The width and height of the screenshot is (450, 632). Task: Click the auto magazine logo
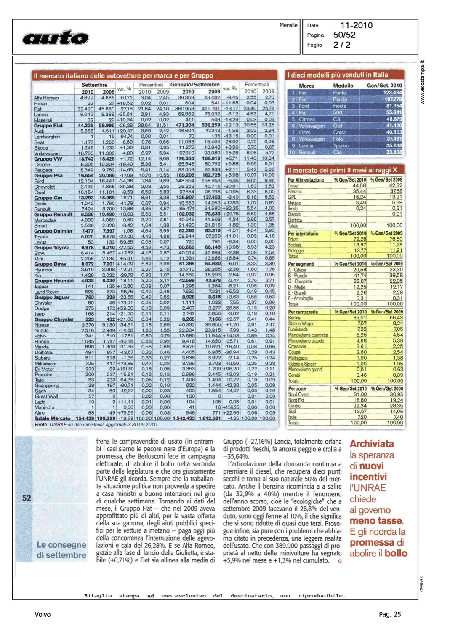tap(56, 37)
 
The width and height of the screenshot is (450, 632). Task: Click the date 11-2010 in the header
tap(356, 25)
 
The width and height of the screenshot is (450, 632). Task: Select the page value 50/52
tap(344, 35)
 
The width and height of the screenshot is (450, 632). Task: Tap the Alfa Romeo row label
tap(46, 98)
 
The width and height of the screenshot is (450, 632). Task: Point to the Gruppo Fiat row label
tap(48, 126)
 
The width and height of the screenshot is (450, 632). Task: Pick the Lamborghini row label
tap(47, 137)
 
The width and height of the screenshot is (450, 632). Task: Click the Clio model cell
tap(338, 152)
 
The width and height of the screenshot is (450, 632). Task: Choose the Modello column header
tap(343, 86)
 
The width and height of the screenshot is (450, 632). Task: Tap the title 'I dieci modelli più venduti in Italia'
tap(338, 75)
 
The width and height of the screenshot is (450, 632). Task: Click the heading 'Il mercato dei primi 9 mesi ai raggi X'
tap(342, 170)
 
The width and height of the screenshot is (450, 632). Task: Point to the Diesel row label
tap(293, 186)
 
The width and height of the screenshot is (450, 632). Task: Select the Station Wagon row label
tap(301, 324)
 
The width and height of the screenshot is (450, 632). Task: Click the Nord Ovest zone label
tap(298, 394)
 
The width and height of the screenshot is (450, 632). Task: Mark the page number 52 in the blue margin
tap(27, 498)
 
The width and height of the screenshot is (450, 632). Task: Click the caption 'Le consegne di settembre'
tap(61, 550)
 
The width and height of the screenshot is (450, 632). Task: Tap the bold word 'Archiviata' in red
tap(372, 444)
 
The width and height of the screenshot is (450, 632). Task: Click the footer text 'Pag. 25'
tap(390, 614)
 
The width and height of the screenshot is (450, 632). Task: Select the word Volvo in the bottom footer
tap(43, 614)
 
